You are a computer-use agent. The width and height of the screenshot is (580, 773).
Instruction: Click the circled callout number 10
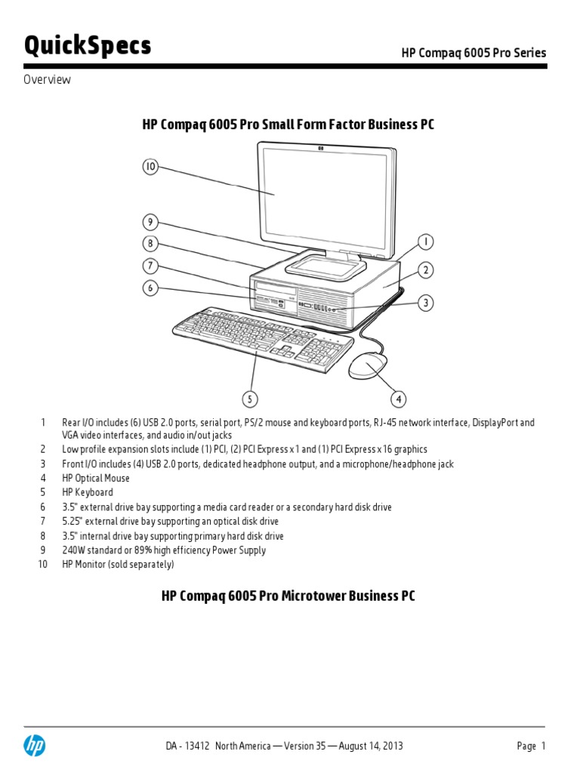[x=150, y=168]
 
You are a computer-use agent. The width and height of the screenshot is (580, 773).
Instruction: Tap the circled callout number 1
[x=426, y=242]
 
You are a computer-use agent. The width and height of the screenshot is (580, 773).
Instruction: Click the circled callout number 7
[x=150, y=265]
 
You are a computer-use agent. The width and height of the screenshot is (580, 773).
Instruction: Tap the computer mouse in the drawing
[x=369, y=366]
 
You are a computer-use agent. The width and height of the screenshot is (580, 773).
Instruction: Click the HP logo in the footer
[x=34, y=746]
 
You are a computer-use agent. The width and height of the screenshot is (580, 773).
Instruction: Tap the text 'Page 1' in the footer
[x=531, y=746]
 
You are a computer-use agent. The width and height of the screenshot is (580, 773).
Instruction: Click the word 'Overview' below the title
[x=47, y=80]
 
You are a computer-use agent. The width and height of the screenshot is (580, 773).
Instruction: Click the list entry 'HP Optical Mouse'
[x=96, y=479]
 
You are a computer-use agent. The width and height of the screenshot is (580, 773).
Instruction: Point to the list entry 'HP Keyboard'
[x=87, y=493]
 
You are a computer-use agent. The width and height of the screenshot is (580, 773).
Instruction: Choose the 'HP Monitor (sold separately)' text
[x=118, y=565]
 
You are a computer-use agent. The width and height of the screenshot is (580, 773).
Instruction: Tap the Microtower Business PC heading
[x=288, y=596]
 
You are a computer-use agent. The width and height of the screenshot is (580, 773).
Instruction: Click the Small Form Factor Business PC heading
[x=288, y=125]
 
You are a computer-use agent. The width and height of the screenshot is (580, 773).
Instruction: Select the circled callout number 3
[x=426, y=303]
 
